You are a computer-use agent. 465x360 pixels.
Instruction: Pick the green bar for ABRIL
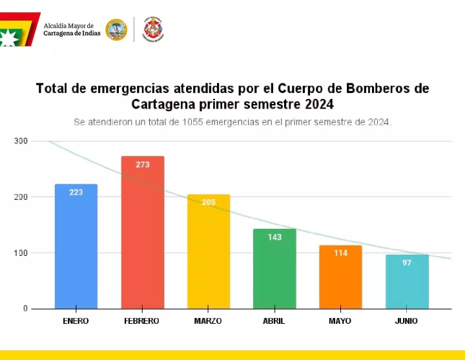[274, 269]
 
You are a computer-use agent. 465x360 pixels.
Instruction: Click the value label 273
[143, 165]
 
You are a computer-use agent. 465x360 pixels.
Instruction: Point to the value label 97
[407, 263]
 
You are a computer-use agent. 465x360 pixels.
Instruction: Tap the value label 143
[274, 237]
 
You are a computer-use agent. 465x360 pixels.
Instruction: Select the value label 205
[209, 203]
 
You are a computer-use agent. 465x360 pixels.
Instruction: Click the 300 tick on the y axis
[21, 141]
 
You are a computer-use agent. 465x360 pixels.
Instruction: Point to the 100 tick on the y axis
[21, 253]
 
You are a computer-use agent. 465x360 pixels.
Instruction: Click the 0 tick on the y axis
[25, 308]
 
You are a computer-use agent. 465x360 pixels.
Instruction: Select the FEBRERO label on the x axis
[142, 321]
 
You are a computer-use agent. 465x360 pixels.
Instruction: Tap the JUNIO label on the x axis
[406, 321]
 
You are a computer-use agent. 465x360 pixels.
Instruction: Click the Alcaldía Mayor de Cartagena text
[72, 30]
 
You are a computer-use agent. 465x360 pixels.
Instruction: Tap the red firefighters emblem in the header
[153, 29]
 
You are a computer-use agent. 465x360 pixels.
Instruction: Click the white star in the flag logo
[8, 37]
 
